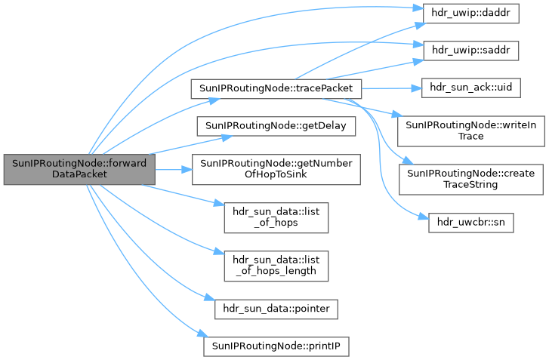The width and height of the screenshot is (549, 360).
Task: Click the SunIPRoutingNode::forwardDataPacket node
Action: [x=79, y=168]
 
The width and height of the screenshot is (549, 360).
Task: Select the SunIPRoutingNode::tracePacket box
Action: [x=276, y=88]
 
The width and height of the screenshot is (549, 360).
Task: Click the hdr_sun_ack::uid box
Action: [x=467, y=88]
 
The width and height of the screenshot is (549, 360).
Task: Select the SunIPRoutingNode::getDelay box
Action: [x=276, y=125]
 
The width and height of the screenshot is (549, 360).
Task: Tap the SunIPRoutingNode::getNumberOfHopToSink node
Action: [x=276, y=168]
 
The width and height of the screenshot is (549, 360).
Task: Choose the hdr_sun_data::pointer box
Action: [x=276, y=309]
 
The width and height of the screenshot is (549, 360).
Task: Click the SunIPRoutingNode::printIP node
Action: [x=276, y=346]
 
